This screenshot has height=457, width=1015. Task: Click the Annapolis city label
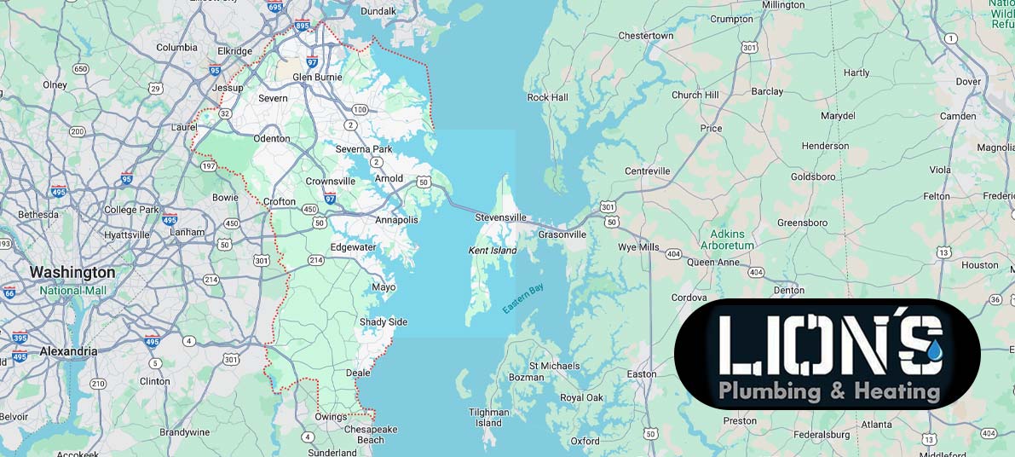(x=396, y=220)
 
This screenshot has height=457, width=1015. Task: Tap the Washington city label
(x=72, y=273)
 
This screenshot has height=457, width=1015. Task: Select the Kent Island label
(x=493, y=251)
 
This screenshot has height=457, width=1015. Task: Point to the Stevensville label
(x=500, y=217)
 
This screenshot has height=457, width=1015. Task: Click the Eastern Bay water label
(x=522, y=299)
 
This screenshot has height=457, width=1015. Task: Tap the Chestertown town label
(x=645, y=36)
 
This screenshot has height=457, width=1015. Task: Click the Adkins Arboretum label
(x=728, y=240)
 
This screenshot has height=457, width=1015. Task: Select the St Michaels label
(x=554, y=366)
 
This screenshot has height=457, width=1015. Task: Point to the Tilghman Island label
(x=489, y=418)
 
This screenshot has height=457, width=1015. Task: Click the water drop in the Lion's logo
(x=936, y=349)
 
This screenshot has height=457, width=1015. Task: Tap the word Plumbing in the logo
(x=770, y=391)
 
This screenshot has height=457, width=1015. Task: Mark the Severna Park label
(x=364, y=149)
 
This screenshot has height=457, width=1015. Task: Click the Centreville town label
(x=648, y=171)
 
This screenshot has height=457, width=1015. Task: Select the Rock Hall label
(x=547, y=97)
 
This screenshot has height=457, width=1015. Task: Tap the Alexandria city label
(x=68, y=351)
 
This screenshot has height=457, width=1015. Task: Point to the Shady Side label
(x=383, y=321)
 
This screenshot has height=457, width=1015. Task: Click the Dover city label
(x=968, y=82)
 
